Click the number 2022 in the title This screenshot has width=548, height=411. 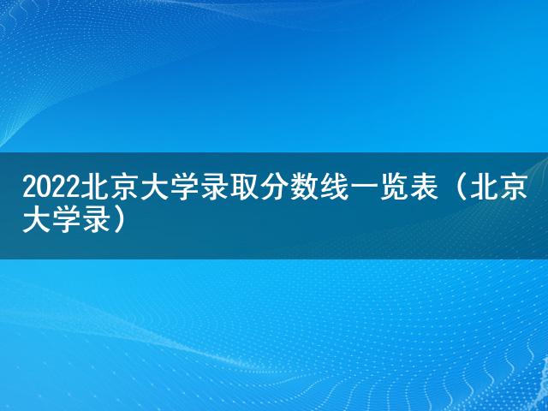tap(51, 189)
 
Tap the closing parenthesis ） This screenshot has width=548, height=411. tap(118, 222)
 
